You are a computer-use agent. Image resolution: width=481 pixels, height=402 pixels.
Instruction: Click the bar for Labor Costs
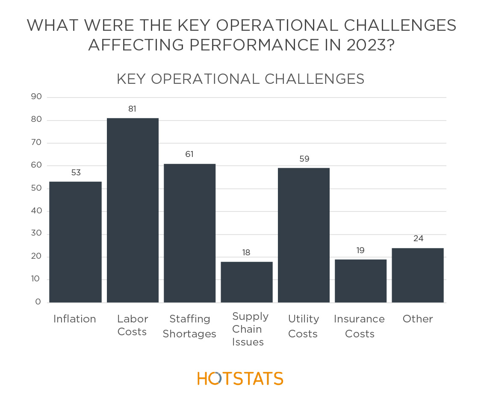point(133,210)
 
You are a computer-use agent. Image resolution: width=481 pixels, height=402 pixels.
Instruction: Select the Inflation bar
point(75,242)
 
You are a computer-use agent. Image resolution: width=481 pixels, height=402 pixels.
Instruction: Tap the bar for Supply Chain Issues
point(247,282)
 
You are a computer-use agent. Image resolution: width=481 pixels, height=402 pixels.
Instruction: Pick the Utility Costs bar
point(304,235)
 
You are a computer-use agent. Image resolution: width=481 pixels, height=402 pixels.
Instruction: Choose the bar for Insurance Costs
point(360,281)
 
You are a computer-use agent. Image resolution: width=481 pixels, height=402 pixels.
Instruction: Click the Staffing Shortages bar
point(189,233)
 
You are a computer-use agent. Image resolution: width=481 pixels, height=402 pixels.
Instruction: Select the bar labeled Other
point(418,275)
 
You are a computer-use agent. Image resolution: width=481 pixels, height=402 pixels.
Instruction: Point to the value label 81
point(132,109)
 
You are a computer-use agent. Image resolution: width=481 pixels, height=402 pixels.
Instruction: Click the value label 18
point(246,253)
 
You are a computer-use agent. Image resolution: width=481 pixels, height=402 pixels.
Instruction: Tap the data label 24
point(418,239)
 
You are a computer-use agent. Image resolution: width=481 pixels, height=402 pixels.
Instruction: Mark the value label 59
point(304,159)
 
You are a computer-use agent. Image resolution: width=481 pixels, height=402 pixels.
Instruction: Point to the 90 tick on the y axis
point(36,97)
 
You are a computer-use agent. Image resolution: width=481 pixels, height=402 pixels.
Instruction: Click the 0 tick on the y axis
point(38,302)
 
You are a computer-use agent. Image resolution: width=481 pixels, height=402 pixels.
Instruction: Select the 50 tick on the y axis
point(36,188)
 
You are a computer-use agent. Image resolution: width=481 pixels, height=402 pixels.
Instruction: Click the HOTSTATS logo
point(240,378)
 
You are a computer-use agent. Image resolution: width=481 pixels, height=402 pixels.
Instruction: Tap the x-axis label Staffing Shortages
point(189,326)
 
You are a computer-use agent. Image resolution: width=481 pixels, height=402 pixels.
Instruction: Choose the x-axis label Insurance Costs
point(359,326)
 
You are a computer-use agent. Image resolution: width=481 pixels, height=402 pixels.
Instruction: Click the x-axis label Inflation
point(74,319)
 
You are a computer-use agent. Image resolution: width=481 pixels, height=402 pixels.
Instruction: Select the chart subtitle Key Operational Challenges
point(240,79)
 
